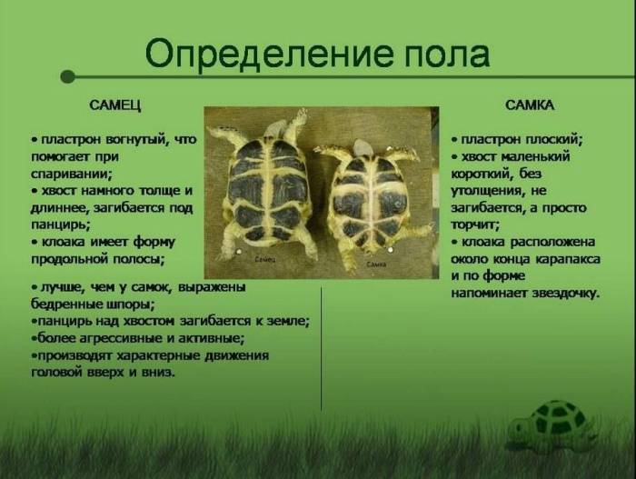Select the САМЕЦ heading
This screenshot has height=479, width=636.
(114, 105)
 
